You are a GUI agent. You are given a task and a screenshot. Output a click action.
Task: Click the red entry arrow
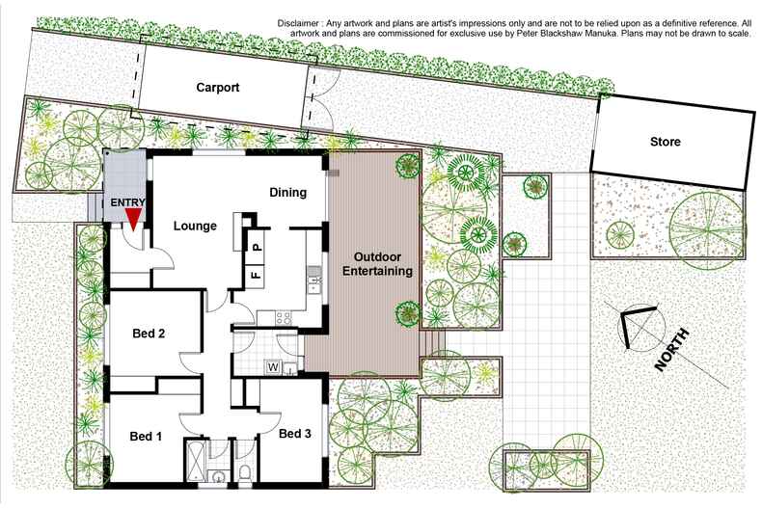[133, 219]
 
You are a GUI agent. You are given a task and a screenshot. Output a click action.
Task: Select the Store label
[665, 142]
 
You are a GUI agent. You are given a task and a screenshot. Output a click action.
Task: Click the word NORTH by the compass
[672, 350]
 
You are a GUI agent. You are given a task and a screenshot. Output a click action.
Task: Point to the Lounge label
[195, 226]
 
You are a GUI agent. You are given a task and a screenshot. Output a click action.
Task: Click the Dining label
[287, 192]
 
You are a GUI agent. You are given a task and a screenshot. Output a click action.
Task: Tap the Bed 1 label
[146, 436]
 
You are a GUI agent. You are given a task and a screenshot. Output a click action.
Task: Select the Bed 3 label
[295, 434]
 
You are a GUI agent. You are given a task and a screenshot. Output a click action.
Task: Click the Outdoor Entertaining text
[378, 264]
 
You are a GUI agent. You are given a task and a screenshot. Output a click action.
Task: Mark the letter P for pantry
[258, 248]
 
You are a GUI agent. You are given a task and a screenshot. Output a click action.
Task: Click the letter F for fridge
[257, 275]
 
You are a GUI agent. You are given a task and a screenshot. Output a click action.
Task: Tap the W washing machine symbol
[273, 366]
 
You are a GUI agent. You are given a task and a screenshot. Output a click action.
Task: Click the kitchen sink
[314, 281]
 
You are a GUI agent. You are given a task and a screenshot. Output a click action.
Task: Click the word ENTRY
[127, 202]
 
